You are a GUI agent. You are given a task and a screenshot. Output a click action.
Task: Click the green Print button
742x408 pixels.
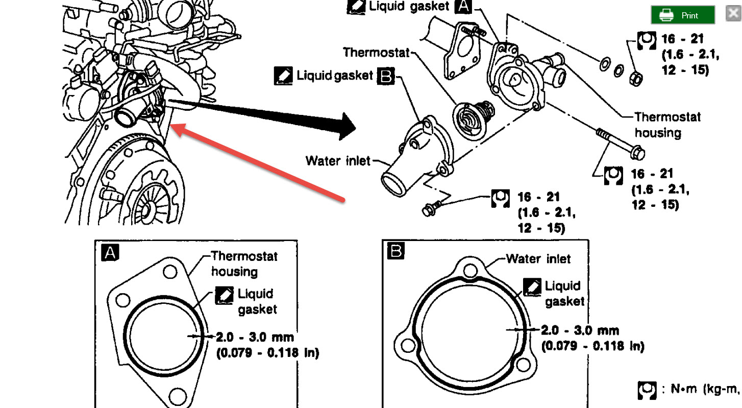point(682,15)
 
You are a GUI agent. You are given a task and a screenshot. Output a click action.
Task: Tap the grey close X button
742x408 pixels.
point(734,14)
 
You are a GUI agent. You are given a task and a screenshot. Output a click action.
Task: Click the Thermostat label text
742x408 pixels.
point(376,52)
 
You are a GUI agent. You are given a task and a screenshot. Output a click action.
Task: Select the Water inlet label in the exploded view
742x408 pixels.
point(338,161)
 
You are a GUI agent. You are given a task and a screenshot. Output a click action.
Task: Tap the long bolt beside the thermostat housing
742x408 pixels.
point(619,143)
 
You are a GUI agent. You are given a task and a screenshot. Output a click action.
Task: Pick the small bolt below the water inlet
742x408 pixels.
point(431,208)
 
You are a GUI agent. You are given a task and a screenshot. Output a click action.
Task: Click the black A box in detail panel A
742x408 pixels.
point(110,253)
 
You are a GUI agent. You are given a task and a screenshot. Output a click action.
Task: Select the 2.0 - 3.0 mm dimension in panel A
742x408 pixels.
point(255,337)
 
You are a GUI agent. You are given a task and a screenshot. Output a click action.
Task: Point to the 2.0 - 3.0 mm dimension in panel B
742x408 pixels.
point(580,331)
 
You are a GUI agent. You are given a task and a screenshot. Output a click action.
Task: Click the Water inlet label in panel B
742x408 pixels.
point(538,259)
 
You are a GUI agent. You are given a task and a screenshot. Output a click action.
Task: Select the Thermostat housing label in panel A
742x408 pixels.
point(244,263)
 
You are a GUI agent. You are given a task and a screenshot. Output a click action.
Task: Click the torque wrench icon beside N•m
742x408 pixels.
point(647,390)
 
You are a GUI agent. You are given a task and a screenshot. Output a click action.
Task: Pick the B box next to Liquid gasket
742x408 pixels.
point(386,76)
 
